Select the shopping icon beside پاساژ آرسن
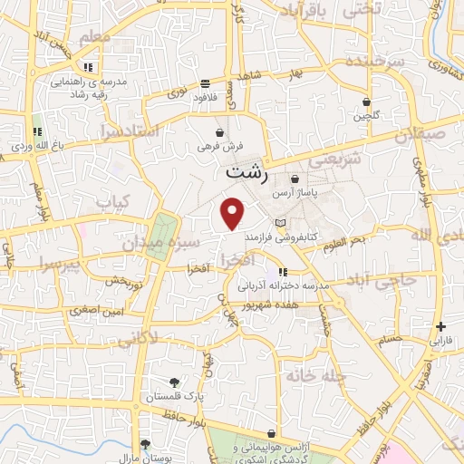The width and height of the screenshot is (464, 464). [x=296, y=179]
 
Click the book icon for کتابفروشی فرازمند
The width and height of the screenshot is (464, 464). [x=280, y=223]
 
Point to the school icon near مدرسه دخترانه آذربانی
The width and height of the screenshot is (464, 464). [x=283, y=271]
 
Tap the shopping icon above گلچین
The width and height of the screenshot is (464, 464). [x=366, y=102]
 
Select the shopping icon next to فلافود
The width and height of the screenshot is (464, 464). [x=207, y=82]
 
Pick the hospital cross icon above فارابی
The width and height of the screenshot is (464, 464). [x=440, y=326]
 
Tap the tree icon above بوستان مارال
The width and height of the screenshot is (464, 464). [x=144, y=444]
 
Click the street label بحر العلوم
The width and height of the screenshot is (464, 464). [x=345, y=238]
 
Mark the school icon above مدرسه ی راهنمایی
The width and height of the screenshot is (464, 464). [x=88, y=67]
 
